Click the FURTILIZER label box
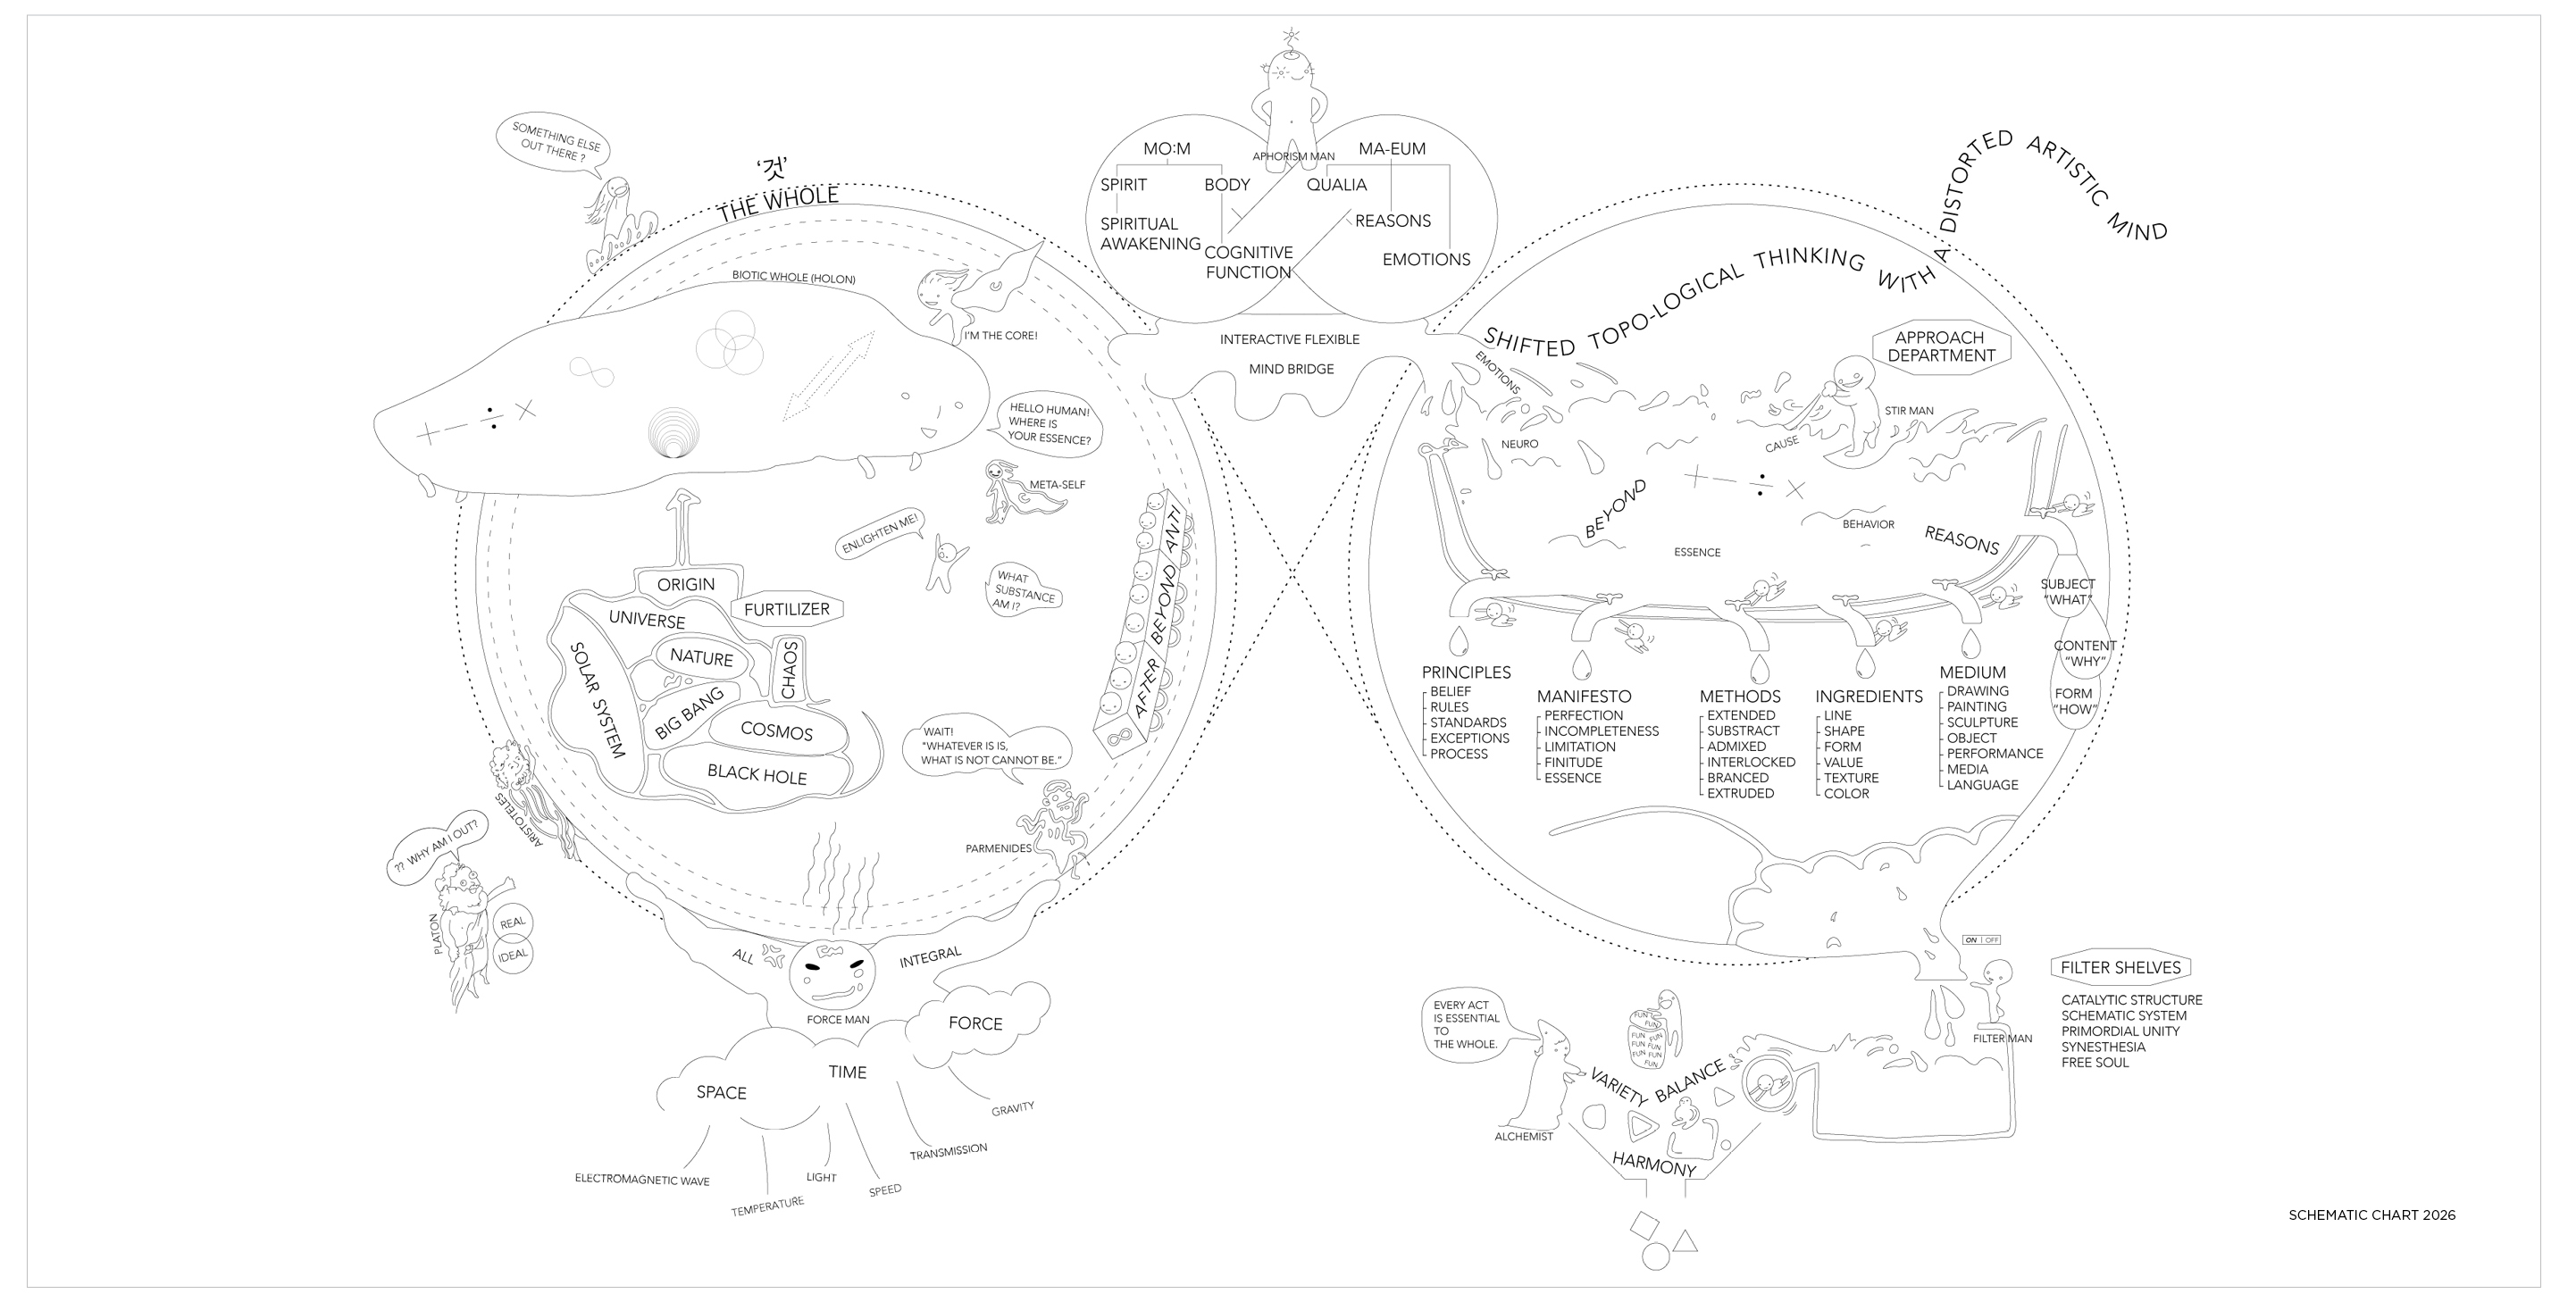tap(787, 609)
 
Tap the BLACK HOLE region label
tap(757, 773)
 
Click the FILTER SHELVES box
tap(2120, 968)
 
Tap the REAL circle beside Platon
tap(513, 922)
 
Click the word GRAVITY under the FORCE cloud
tap(1012, 1108)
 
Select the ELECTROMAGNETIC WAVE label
tap(642, 1181)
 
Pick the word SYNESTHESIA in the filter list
tap(2104, 1047)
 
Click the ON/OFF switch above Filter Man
tap(1981, 940)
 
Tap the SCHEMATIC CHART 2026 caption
tap(2371, 1215)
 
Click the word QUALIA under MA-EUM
tap(1337, 186)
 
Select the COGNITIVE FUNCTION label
tap(1248, 263)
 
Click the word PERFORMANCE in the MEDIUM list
tap(1995, 754)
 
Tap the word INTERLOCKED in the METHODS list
tap(1751, 763)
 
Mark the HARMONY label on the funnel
tap(1654, 1164)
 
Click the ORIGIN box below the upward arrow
tap(686, 585)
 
